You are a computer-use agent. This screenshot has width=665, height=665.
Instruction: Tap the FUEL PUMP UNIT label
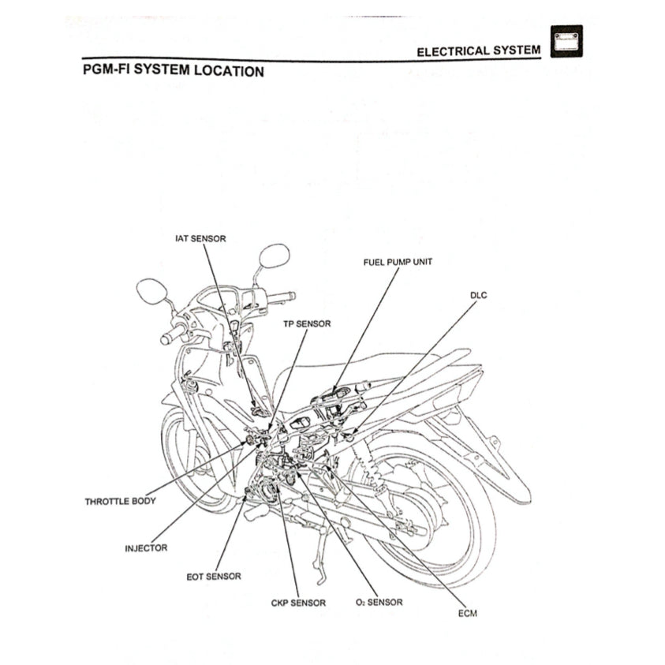point(398,261)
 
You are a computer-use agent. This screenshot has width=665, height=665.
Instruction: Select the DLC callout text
point(479,295)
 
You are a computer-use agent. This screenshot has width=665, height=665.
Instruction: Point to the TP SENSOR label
point(307,323)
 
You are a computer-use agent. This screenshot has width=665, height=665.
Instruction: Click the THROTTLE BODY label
point(120,501)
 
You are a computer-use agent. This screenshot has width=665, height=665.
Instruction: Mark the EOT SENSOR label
point(213,577)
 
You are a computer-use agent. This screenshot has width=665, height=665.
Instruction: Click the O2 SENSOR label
point(379,603)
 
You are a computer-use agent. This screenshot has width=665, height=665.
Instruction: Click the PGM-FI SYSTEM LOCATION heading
point(173,71)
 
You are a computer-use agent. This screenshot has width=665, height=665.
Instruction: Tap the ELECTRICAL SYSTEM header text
point(478,50)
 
